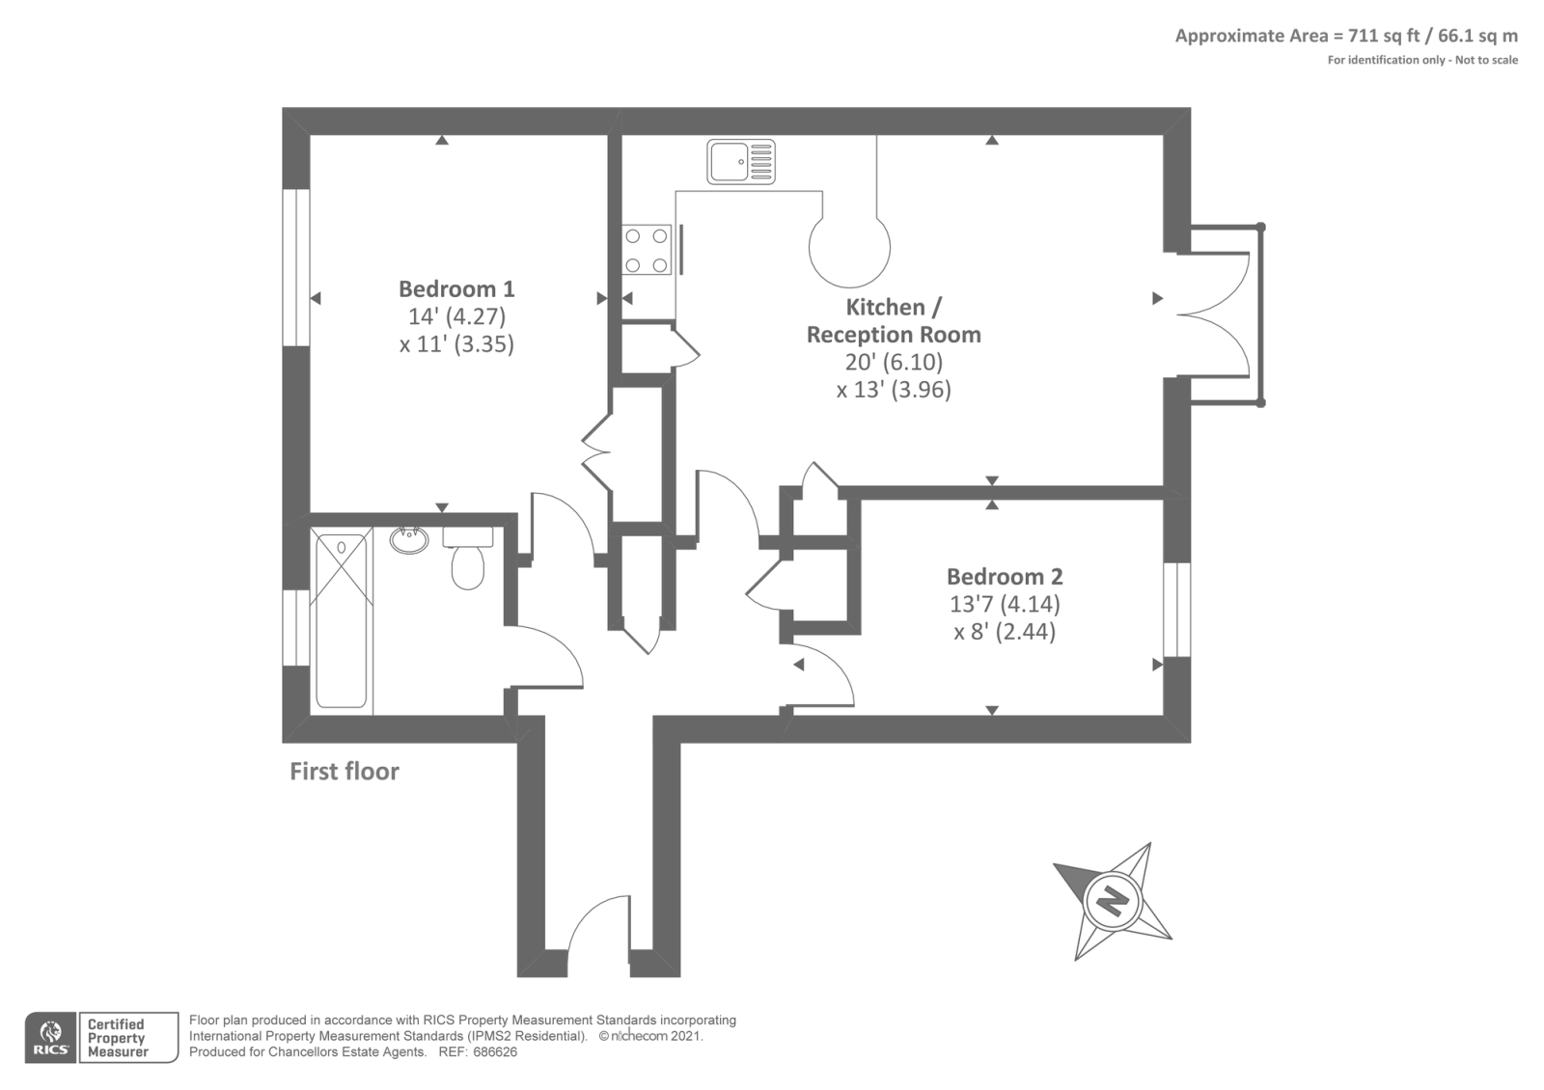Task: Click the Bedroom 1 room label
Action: point(456,288)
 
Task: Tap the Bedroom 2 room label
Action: point(1005,576)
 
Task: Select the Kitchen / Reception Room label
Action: point(894,320)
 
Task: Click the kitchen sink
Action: point(741,161)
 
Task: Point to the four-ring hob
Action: point(647,250)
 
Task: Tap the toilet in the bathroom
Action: point(468,559)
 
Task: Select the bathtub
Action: point(342,620)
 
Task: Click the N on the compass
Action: point(1113,901)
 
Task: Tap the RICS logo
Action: point(50,1037)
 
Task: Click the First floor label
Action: point(345,771)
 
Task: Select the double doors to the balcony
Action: point(1213,315)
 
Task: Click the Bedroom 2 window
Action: point(1176,610)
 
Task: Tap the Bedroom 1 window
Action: point(295,267)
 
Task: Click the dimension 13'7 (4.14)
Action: point(1005,604)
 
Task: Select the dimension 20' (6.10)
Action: point(894,362)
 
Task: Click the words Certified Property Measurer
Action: point(117,1038)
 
